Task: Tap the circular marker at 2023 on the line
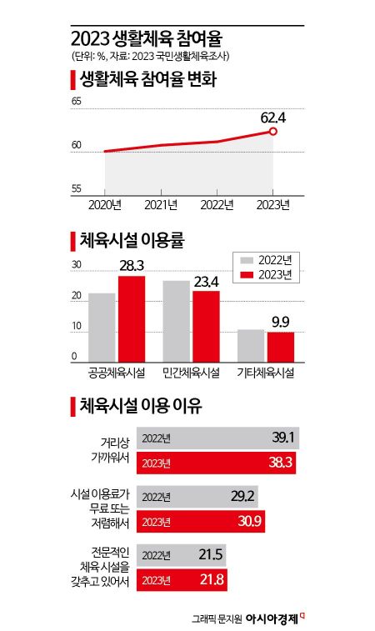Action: tap(273, 132)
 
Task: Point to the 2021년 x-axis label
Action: tap(160, 204)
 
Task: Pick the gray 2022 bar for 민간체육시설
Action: tap(176, 320)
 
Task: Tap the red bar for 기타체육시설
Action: tap(280, 346)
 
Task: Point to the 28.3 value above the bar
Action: tap(132, 265)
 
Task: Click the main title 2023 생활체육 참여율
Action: tap(147, 38)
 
